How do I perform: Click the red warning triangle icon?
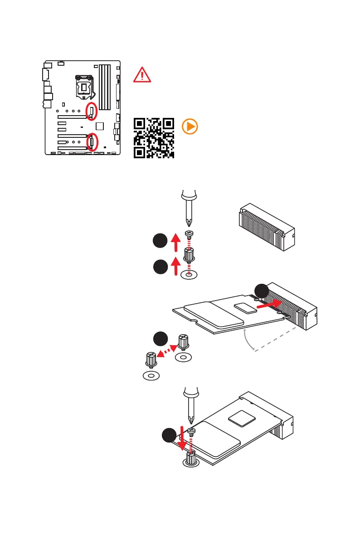point(142,74)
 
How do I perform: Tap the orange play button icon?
point(190,127)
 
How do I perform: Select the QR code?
point(154,138)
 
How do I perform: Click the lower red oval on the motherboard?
point(92,141)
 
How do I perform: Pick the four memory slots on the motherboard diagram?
point(105,87)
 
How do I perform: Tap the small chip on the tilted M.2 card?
point(246,307)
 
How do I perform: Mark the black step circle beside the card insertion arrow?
point(261,291)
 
